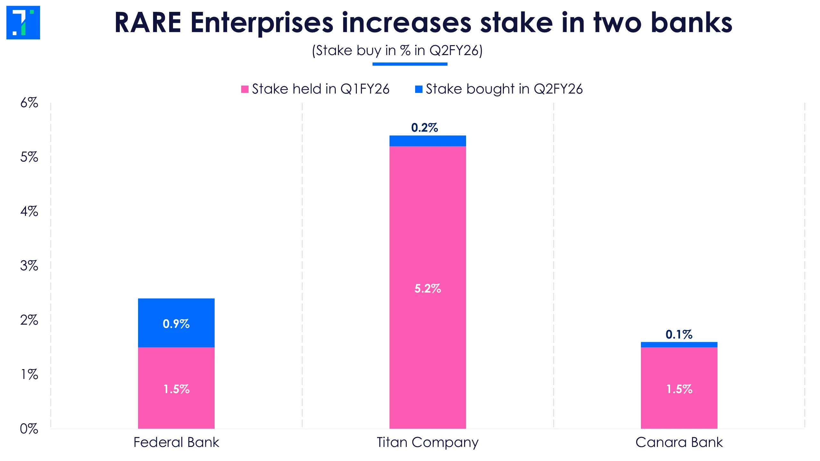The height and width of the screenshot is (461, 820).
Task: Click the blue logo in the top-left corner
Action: [23, 22]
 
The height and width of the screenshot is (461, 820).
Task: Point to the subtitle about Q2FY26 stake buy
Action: [397, 51]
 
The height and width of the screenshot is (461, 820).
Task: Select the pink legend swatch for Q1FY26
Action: [245, 89]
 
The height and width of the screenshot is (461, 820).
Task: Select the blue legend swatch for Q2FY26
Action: [419, 89]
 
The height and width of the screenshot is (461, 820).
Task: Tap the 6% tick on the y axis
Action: [29, 103]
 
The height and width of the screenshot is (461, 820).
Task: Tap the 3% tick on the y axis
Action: [29, 266]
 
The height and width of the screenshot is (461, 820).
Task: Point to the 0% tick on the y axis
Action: [29, 429]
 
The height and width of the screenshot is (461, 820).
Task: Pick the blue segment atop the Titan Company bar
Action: [428, 141]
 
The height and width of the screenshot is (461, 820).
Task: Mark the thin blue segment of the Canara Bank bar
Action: [679, 344]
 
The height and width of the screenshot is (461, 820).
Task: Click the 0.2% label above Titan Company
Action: [424, 128]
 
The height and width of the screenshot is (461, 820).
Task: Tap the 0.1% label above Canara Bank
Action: [679, 335]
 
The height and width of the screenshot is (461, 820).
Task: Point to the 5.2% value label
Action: [428, 288]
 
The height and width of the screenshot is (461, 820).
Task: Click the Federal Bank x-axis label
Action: [176, 442]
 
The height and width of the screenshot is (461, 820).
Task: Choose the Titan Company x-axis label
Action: [428, 442]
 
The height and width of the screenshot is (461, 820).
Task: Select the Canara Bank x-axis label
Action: [679, 442]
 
